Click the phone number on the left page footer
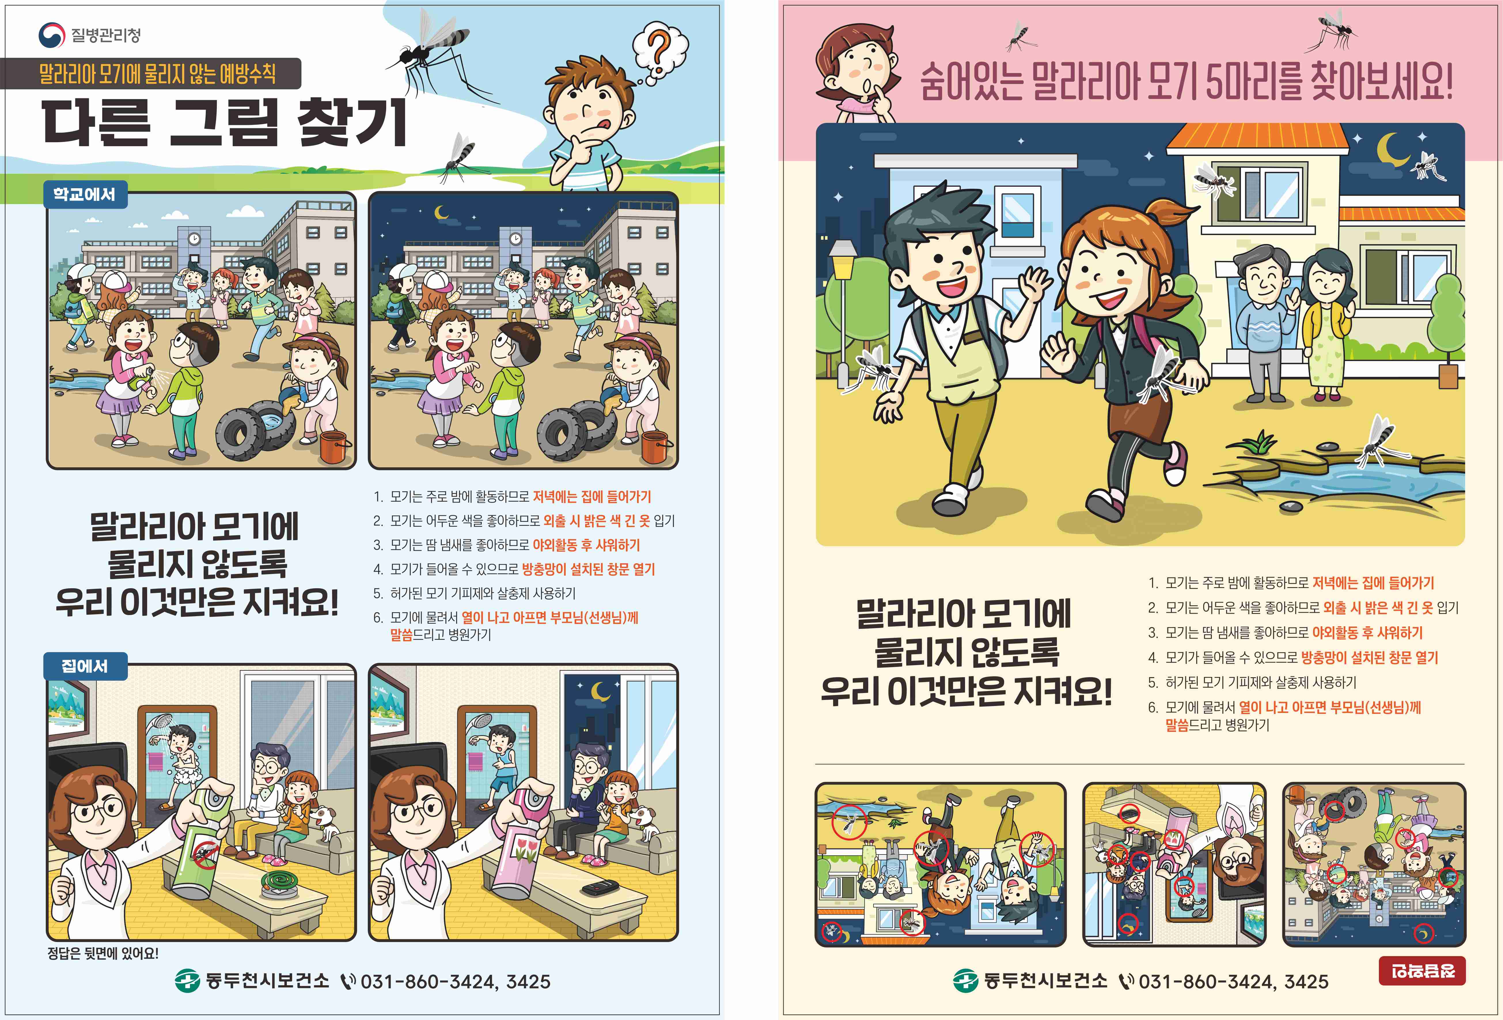[455, 981]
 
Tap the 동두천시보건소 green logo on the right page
[965, 981]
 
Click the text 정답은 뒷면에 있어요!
[103, 953]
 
